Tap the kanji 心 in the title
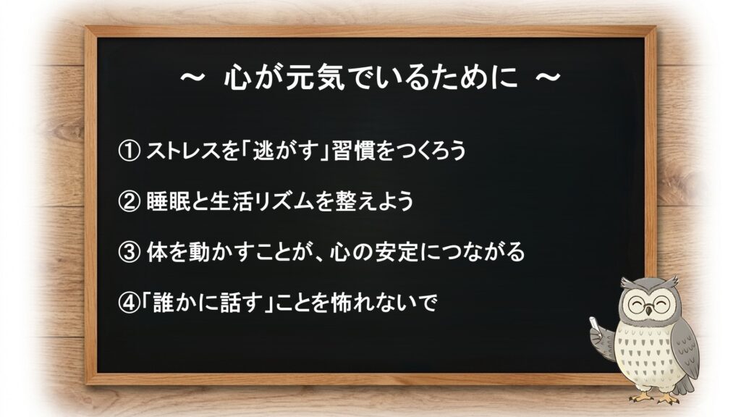237,77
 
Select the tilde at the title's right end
547,77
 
